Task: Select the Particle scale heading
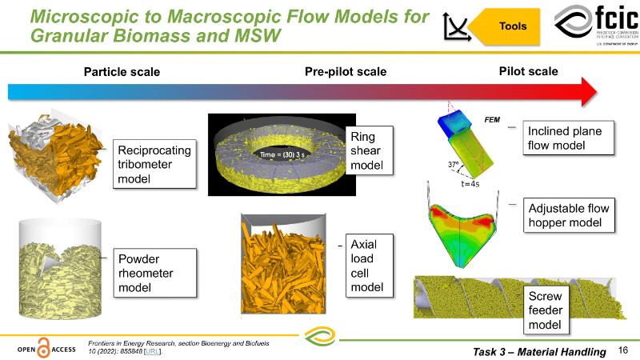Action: [x=122, y=72]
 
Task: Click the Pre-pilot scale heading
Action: [x=346, y=72]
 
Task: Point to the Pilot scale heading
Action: [x=529, y=71]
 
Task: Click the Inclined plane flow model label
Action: [x=570, y=138]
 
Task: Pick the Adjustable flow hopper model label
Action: [x=569, y=215]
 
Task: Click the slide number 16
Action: [x=623, y=350]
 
